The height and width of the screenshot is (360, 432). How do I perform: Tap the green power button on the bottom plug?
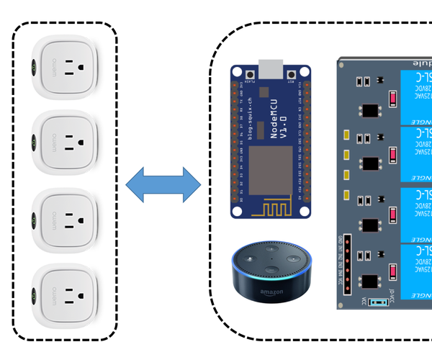click(34, 296)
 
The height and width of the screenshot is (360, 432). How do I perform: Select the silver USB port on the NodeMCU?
click(271, 71)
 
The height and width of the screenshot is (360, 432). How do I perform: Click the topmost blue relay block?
click(416, 96)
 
